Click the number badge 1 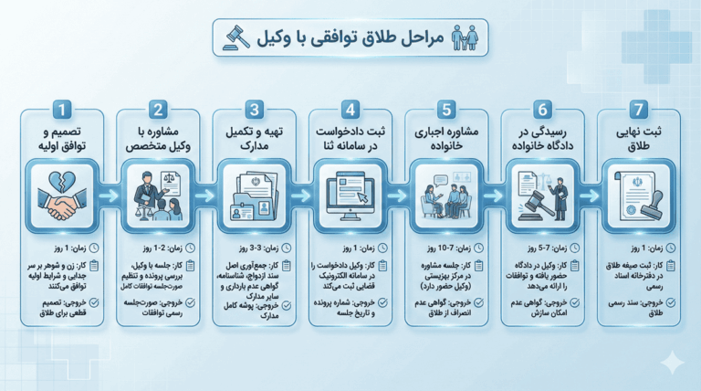pos(60,111)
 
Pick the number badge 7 pos(640,111)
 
